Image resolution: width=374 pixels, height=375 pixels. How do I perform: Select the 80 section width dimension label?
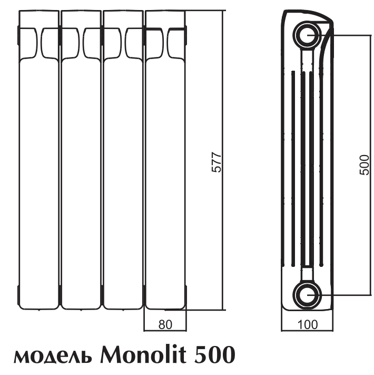click(164, 325)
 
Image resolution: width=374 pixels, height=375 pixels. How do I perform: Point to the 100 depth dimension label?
click(307, 325)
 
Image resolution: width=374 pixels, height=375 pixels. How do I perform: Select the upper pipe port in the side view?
click(307, 35)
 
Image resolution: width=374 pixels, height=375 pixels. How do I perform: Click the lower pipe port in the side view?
click(307, 294)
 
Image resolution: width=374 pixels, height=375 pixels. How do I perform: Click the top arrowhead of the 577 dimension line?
click(223, 12)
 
